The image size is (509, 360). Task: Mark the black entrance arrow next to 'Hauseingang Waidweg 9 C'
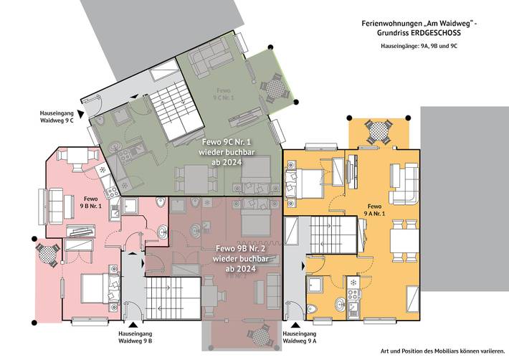83,114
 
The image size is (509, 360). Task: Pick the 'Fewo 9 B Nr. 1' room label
91,202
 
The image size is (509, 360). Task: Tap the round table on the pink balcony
47,253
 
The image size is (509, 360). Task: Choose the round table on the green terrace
273,88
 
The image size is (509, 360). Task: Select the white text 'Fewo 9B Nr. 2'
241,248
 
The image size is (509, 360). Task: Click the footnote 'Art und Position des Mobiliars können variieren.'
441,351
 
